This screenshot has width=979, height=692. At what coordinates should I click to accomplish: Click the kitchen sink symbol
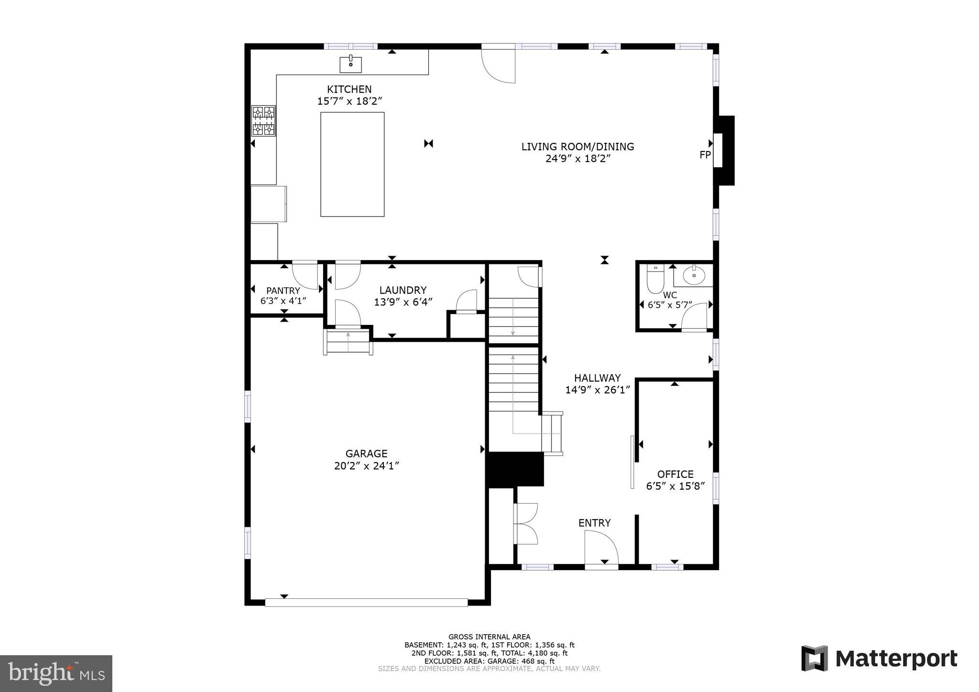[350, 64]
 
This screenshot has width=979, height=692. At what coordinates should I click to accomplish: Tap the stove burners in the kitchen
[263, 121]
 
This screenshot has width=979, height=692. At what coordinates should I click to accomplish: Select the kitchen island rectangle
[352, 164]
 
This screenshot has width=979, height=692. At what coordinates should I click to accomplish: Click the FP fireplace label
[705, 155]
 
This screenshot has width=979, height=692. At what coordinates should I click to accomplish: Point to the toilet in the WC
[655, 280]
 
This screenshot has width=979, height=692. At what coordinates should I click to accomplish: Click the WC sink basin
[694, 276]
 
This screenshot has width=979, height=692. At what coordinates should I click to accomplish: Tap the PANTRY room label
[283, 291]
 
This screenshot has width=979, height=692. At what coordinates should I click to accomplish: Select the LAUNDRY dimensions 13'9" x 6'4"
[403, 302]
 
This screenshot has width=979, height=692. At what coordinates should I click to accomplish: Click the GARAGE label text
[366, 454]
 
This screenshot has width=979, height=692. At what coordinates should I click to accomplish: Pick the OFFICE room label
[675, 474]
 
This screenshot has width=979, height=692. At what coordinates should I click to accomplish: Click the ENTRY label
[594, 523]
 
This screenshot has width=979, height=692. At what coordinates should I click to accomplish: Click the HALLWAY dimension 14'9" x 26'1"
[598, 390]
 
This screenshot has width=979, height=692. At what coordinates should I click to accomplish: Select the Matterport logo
[879, 659]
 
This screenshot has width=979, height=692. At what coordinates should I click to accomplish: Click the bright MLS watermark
[56, 673]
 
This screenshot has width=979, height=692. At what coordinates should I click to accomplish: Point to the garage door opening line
[366, 603]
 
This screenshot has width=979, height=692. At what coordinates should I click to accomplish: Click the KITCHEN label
[349, 89]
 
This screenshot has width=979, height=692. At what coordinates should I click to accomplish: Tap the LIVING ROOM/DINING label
[577, 147]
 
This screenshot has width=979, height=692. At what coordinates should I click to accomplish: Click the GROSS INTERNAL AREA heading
[489, 637]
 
